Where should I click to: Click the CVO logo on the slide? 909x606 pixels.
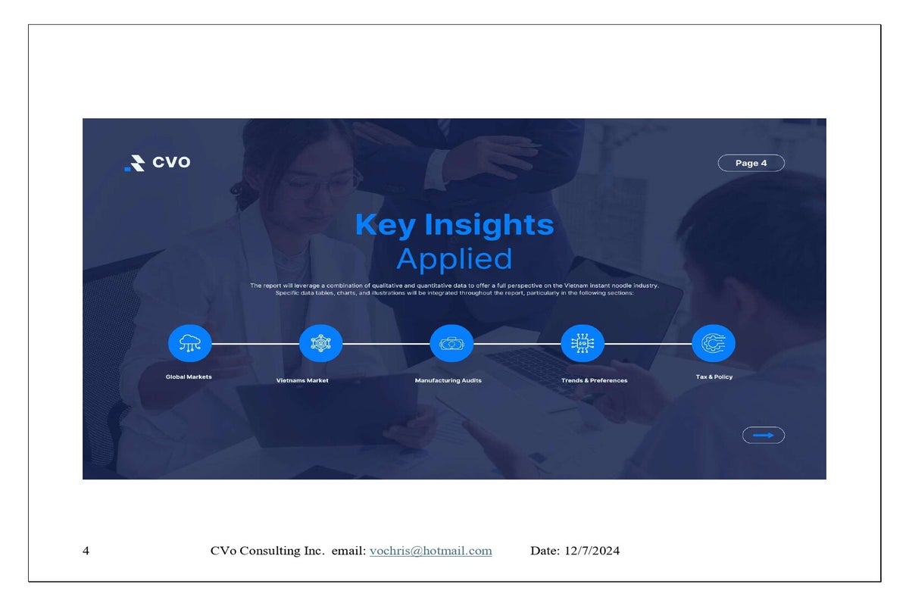pos(158,163)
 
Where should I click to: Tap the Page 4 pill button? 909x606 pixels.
pos(751,163)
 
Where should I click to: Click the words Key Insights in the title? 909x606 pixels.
pos(454,224)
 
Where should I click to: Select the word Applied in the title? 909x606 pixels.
pos(454,258)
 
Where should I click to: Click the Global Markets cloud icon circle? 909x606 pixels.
pos(190,343)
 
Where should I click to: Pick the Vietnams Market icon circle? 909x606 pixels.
pos(320,343)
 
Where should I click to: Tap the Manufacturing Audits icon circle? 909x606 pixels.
pos(451,343)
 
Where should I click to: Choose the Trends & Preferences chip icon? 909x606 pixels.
pos(583,343)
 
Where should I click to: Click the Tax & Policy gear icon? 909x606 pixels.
pos(714,343)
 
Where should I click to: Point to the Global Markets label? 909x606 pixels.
pos(189,376)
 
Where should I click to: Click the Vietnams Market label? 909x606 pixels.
pos(302,380)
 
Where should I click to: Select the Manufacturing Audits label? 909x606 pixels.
pos(448,380)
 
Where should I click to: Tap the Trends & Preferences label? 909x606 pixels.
pos(594,380)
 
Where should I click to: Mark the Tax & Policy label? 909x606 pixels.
pos(714,376)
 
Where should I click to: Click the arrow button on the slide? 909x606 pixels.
pos(764,435)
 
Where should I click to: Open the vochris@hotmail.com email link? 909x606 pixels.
pos(430,551)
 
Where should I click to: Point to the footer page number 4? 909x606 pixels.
pos(86,551)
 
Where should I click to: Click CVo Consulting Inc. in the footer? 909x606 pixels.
pos(267,551)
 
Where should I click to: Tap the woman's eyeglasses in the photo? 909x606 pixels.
pos(321,186)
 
